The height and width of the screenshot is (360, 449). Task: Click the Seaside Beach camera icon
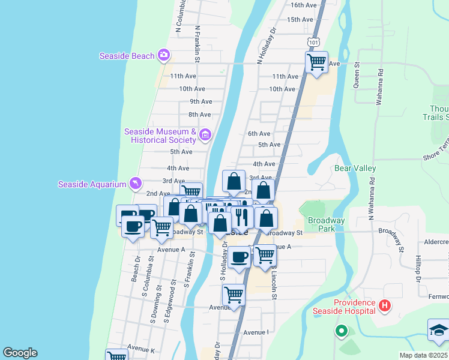tap(163, 56)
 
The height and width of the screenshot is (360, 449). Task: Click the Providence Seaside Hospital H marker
tap(385, 307)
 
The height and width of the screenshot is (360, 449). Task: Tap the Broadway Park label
tap(327, 224)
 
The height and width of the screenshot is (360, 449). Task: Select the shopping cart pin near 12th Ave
tap(316, 62)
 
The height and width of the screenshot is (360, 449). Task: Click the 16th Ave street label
tap(303, 5)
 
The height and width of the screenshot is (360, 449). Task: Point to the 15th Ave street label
tap(301, 19)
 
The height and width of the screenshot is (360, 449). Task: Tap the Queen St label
tap(357, 75)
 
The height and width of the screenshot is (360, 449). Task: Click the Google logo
tap(20, 353)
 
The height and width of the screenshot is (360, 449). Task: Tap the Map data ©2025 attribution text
tap(424, 355)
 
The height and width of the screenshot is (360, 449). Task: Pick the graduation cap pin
tap(439, 330)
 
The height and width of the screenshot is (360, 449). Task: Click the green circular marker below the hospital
tap(342, 329)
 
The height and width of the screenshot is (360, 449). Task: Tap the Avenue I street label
tap(256, 332)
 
